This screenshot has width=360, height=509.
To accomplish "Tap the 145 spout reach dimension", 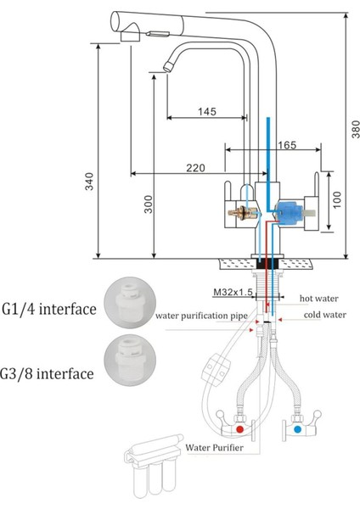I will click(x=205, y=110).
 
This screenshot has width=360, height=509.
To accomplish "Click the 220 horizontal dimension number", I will click(x=194, y=169).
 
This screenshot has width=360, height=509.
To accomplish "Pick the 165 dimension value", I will click(x=286, y=145).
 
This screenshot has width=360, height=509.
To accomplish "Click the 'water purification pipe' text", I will click(x=201, y=316).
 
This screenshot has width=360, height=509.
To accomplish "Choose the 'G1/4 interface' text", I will click(x=49, y=309).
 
